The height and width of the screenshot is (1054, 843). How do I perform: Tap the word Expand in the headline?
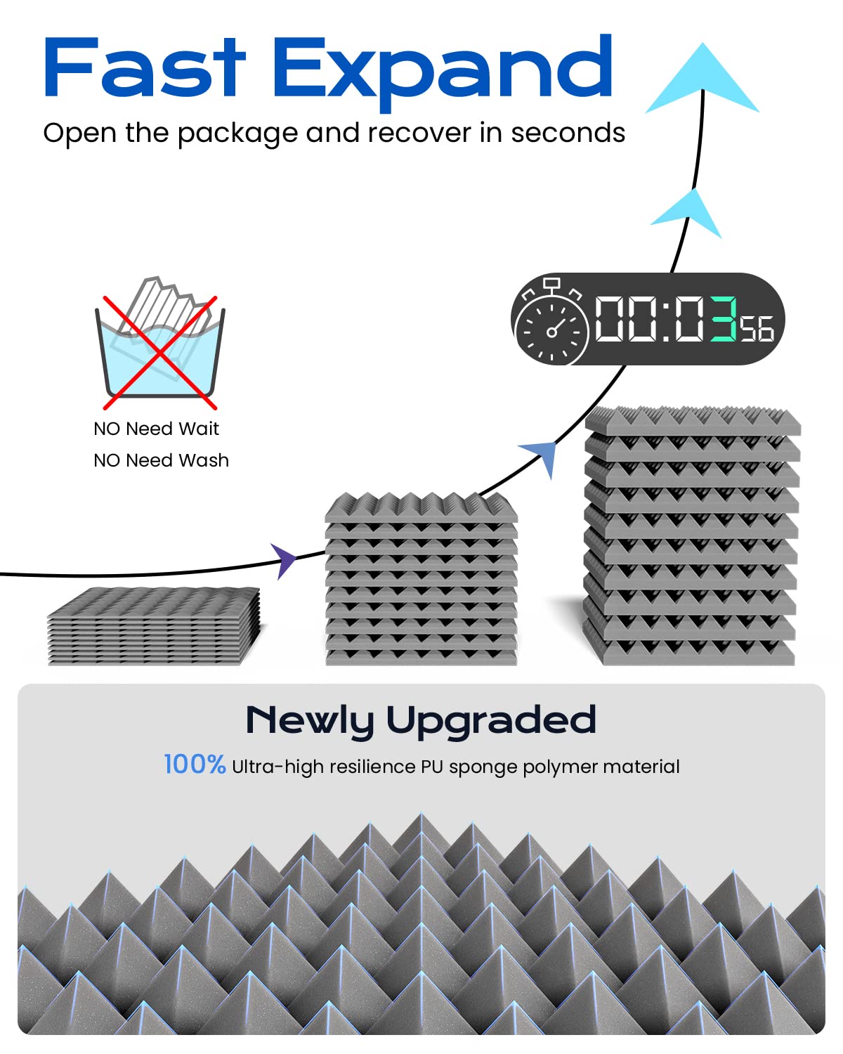(x=443, y=70)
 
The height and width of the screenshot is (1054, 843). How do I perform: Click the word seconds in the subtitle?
(x=568, y=133)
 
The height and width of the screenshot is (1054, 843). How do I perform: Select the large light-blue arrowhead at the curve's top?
(x=702, y=79)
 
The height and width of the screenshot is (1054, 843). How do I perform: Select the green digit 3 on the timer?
(x=723, y=319)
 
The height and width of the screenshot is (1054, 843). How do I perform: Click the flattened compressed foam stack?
(x=153, y=625)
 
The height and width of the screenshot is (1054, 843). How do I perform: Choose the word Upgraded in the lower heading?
(x=491, y=720)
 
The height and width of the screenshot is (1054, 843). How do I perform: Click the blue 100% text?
(x=195, y=765)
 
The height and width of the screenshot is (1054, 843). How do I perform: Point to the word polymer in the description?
(x=560, y=767)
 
